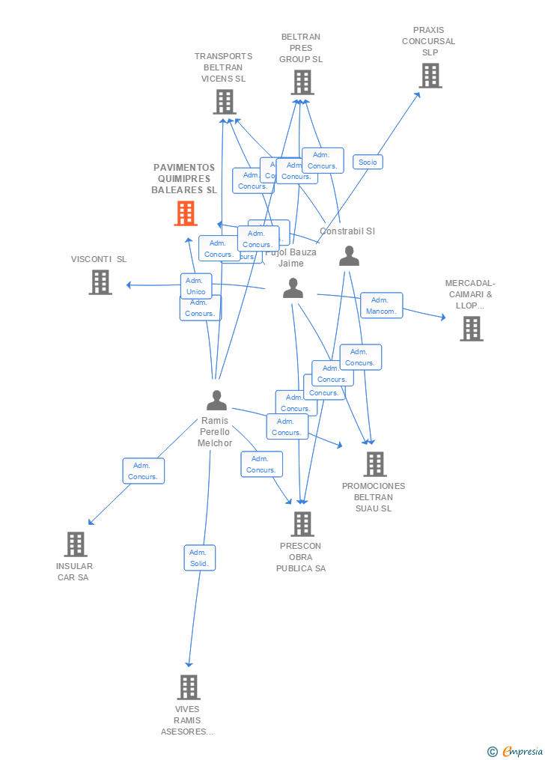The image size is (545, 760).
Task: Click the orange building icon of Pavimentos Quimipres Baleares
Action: pos(185,213)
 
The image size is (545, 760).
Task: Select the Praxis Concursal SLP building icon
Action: pos(430,76)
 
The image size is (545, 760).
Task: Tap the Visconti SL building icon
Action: pos(100,282)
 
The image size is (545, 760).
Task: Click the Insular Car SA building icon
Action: pos(76,544)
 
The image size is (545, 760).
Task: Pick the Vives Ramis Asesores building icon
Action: pos(188,687)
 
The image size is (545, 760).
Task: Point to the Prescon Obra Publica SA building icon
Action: pos(302,524)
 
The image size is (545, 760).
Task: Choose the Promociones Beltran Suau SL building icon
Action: pos(375,464)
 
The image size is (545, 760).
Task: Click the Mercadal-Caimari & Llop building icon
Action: pos(471,329)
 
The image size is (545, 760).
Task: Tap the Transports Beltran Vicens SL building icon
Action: pos(224,102)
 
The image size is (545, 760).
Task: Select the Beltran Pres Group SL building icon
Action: pos(302,82)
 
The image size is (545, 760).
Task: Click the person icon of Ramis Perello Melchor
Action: pos(216,401)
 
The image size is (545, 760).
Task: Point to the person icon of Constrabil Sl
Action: pos(349,256)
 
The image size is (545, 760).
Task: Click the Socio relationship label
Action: pos(368,162)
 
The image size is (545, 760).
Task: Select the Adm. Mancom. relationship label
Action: pos(381,305)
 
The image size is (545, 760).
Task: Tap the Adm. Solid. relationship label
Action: pos(199,558)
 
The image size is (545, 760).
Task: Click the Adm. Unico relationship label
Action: pos(196,286)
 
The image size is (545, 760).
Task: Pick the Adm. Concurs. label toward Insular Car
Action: pos(143,471)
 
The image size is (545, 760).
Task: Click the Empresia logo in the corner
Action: pos(516,751)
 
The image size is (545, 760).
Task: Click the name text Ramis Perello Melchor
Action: pos(215,432)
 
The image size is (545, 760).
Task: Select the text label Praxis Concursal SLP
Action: pos(428,41)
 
